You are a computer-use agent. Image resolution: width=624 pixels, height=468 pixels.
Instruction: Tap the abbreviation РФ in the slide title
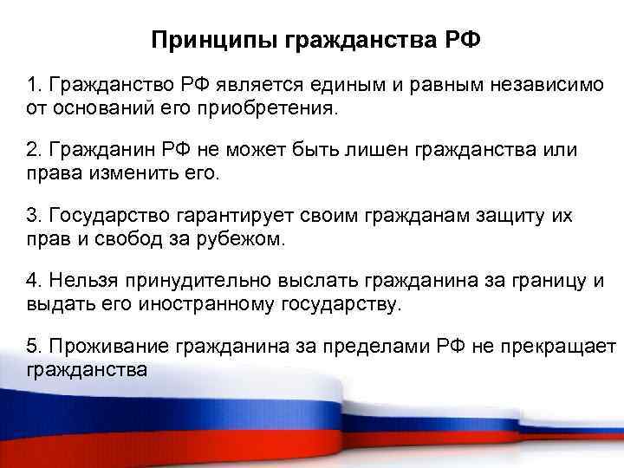point(455,41)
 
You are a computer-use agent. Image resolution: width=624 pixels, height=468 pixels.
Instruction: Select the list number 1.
point(32,88)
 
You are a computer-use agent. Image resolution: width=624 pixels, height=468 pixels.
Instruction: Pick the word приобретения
point(282,110)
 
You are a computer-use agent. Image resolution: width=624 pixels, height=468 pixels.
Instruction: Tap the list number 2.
point(32,152)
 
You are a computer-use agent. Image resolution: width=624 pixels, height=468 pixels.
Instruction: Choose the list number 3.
point(32,216)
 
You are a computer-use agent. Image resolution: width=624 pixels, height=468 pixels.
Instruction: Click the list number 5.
point(32,345)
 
